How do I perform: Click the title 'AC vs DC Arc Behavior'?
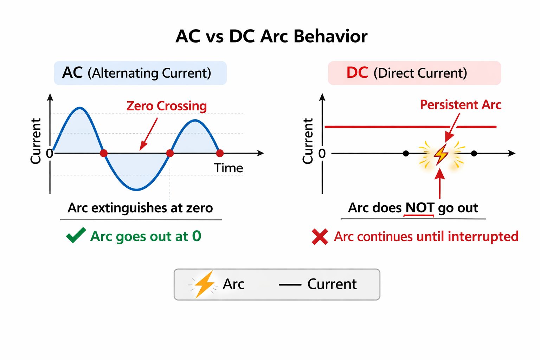(271, 37)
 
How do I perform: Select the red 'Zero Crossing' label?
(167, 106)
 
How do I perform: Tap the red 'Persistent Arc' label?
(461, 105)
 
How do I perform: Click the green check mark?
(76, 235)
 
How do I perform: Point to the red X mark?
(320, 237)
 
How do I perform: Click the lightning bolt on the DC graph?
(441, 155)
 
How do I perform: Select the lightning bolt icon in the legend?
(204, 284)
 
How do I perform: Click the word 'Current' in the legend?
(332, 284)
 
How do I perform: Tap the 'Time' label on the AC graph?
(228, 168)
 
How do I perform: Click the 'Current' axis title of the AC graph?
(36, 141)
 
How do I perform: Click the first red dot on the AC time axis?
(104, 153)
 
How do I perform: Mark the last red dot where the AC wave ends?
(220, 153)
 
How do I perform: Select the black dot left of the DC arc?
(406, 153)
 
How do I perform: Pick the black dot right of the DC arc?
(474, 153)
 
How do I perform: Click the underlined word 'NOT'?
(420, 208)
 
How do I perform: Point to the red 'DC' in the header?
(357, 72)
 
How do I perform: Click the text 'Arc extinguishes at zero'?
(140, 208)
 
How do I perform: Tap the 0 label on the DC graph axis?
(322, 154)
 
